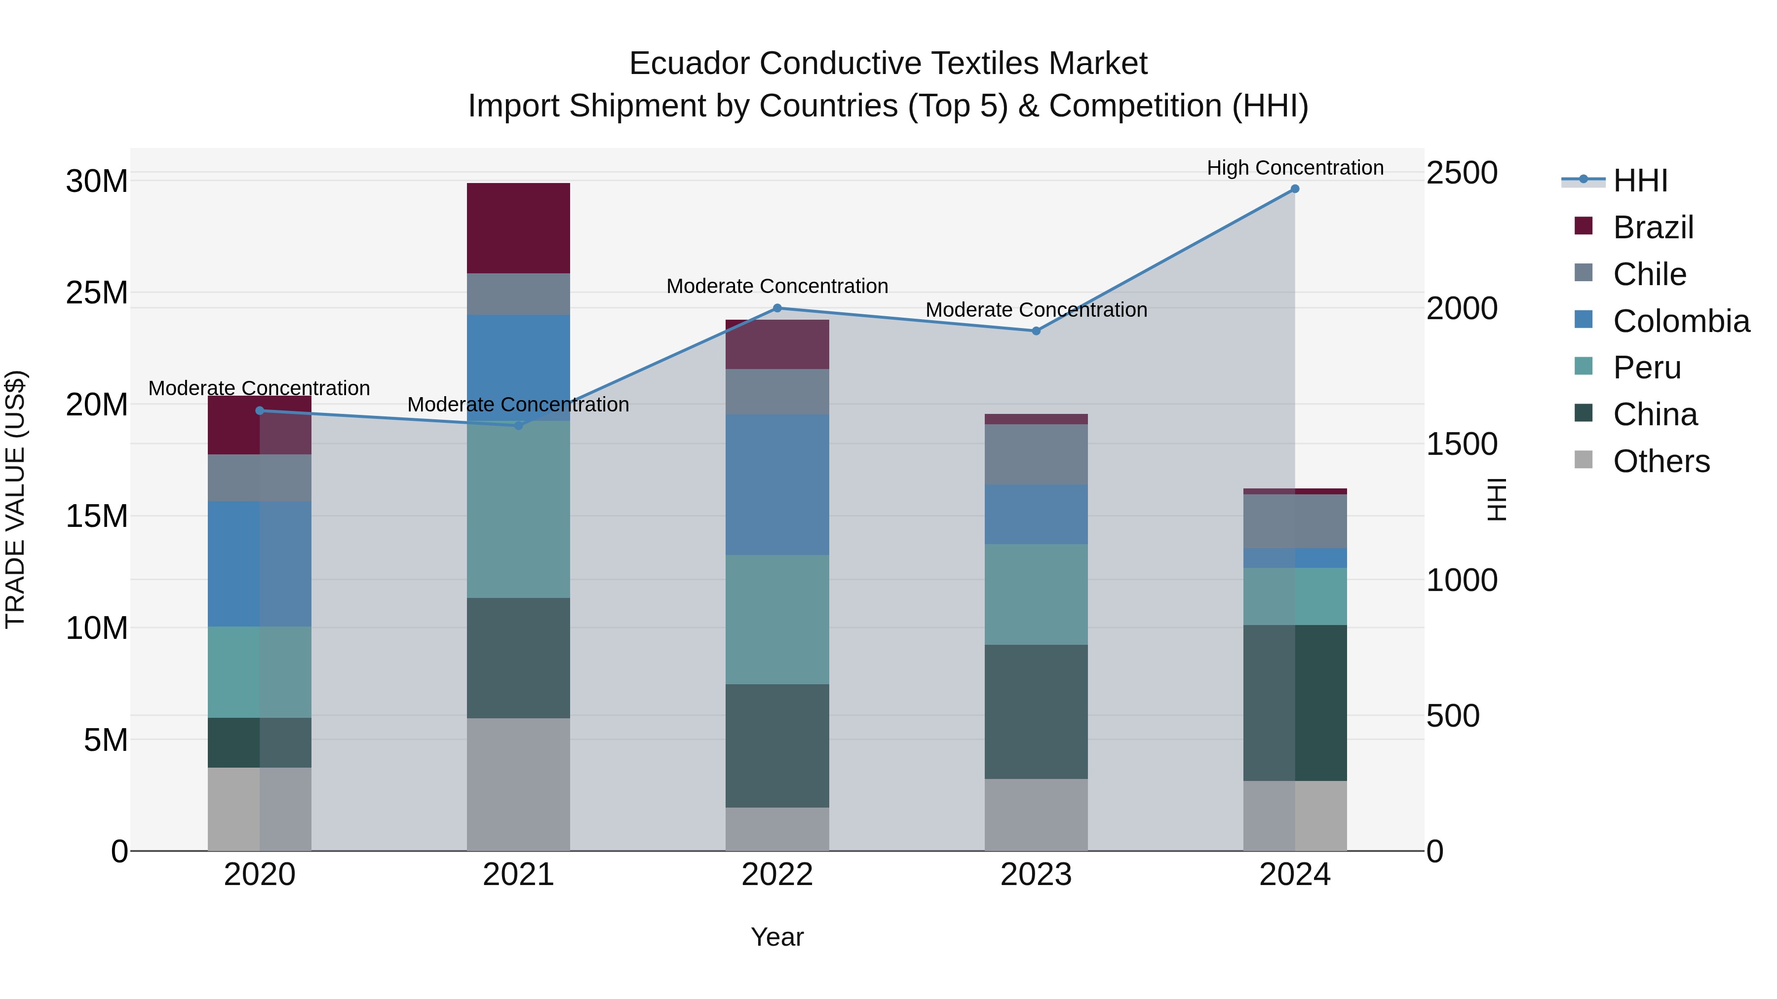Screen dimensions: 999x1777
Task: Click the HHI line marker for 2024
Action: click(x=1295, y=189)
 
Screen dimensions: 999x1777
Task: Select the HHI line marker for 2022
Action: click(x=777, y=308)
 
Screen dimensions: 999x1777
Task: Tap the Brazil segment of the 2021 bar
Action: click(x=518, y=228)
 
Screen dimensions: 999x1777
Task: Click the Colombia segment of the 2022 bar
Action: click(x=777, y=484)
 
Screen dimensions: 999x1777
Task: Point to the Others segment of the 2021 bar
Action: click(x=518, y=784)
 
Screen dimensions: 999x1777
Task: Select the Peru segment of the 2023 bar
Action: click(x=1036, y=594)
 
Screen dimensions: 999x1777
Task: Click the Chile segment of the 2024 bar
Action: click(x=1295, y=521)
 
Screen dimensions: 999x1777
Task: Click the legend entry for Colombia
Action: click(x=1680, y=321)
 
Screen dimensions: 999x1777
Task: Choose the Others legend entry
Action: click(x=1661, y=461)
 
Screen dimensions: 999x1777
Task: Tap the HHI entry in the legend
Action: click(x=1640, y=181)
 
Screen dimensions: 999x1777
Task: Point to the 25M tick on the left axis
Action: click(x=97, y=293)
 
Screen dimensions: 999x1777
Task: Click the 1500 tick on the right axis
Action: click(x=1461, y=444)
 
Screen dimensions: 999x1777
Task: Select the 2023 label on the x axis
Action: click(x=1036, y=875)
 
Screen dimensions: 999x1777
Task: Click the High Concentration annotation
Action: click(x=1295, y=168)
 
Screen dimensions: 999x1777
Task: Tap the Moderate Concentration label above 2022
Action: click(x=777, y=286)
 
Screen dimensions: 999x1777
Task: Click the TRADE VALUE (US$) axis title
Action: click(x=15, y=499)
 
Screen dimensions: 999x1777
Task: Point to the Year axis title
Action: click(x=777, y=937)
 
